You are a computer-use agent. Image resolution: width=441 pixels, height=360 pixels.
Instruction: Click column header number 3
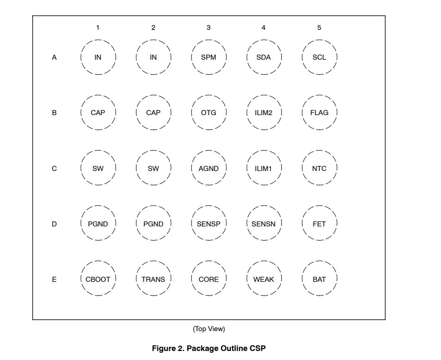click(x=208, y=27)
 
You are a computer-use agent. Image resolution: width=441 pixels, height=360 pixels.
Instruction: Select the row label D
click(x=54, y=224)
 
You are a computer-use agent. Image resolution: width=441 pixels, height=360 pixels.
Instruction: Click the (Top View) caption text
click(x=209, y=329)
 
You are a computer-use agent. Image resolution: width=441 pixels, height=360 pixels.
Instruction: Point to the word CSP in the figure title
click(x=257, y=349)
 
